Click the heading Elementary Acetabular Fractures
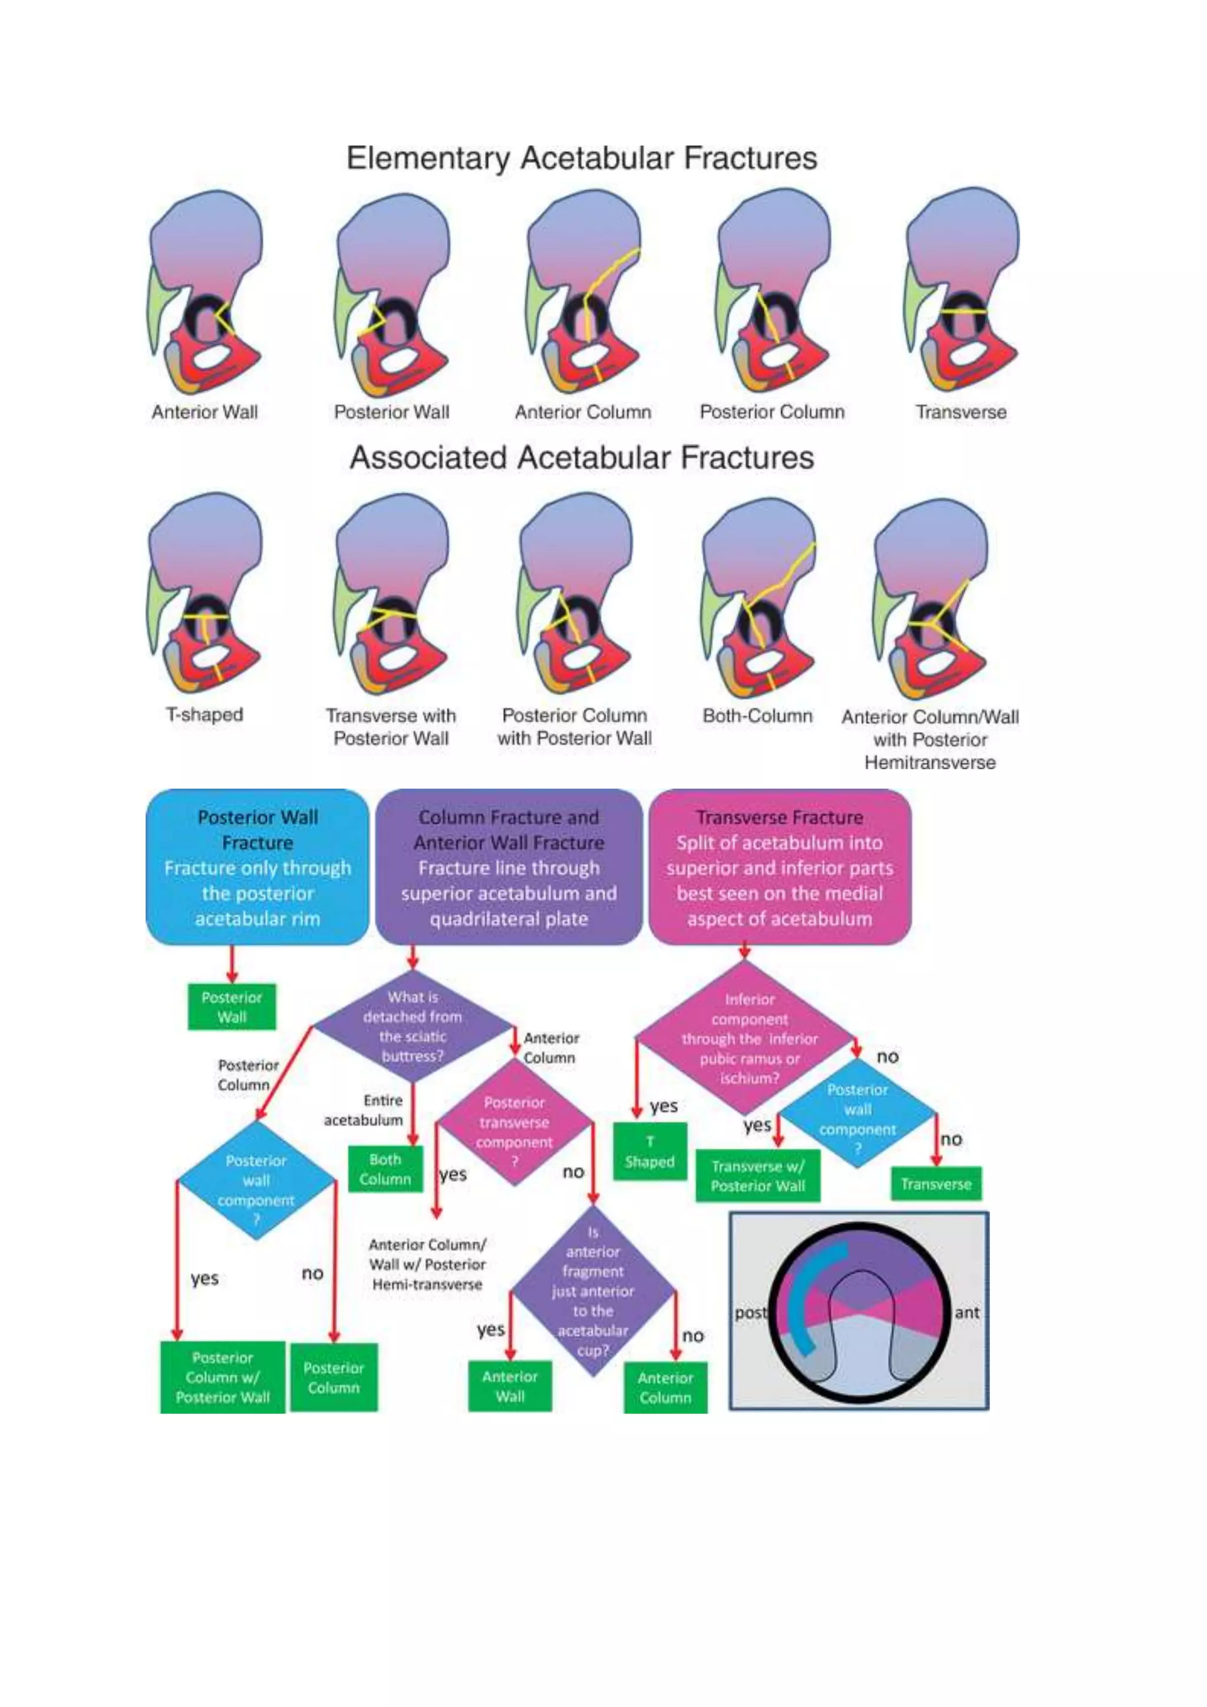coord(581,159)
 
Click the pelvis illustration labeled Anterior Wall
coord(205,294)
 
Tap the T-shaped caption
coord(205,714)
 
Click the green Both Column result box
coord(385,1169)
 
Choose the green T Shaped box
coord(649,1152)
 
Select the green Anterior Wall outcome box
coord(510,1386)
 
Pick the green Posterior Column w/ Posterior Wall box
coord(222,1378)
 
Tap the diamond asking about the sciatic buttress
coord(413,1027)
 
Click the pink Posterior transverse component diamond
coord(515,1123)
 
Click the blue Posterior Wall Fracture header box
coord(257,867)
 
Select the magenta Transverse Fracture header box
coord(779,867)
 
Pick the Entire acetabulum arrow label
coord(364,1110)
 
